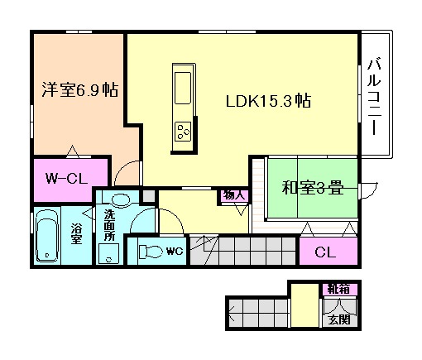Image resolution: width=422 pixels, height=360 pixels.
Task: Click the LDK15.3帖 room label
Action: coord(269,102)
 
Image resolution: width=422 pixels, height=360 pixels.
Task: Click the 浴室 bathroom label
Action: coord(76,233)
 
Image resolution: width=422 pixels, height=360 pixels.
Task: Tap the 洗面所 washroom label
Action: coord(108,225)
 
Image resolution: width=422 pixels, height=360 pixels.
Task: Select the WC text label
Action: coord(174,249)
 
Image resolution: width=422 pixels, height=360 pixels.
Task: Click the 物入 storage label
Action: coord(233,195)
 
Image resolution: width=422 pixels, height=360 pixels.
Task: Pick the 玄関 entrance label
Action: coord(337,319)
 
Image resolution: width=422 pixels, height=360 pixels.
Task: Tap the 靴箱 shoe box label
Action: coord(337,288)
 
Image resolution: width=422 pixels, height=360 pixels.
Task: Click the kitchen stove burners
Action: coord(183,130)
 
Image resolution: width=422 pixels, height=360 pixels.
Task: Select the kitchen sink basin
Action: coord(182,84)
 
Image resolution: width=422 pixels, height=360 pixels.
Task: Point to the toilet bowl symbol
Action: coord(150,250)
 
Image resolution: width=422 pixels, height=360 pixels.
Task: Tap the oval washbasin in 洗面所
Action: coord(121,199)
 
